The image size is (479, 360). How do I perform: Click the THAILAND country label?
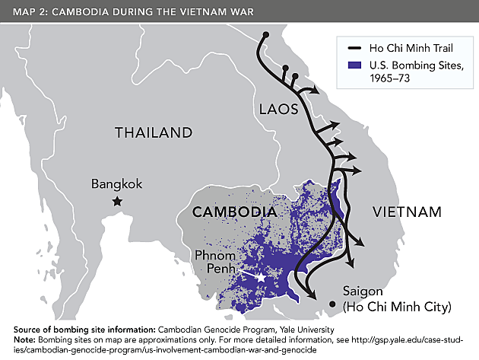[x=153, y=132]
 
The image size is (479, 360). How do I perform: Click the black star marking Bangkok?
[x=116, y=201]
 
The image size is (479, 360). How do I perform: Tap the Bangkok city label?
[x=116, y=183]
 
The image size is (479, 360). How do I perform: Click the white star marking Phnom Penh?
[x=261, y=278]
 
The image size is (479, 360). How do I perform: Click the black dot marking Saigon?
[x=332, y=305]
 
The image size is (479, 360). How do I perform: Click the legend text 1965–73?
[x=393, y=78]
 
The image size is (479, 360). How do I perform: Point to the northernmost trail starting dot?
[x=265, y=35]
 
